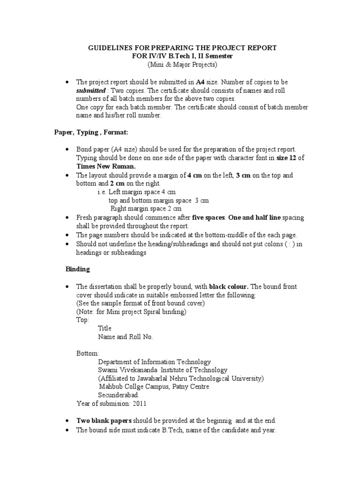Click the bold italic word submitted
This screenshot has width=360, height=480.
pos(91,90)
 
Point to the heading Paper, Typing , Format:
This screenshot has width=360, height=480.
pos(90,133)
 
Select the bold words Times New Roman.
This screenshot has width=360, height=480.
pos(106,166)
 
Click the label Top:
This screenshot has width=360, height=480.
pos(83,320)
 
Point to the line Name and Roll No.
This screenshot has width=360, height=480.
pos(125,337)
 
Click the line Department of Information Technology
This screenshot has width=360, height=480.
pos(154,362)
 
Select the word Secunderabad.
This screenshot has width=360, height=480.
pos(119,395)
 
